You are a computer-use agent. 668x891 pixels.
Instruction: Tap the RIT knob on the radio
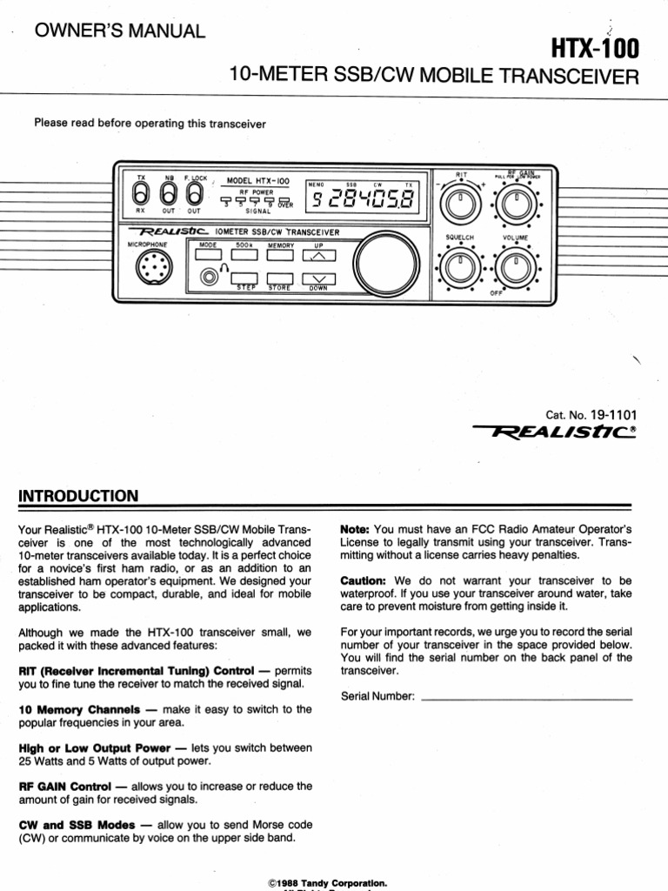(x=459, y=206)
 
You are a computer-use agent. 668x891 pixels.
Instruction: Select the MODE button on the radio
(x=208, y=256)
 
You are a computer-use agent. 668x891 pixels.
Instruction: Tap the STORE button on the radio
(x=279, y=277)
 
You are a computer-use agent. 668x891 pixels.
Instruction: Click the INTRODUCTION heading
(x=78, y=496)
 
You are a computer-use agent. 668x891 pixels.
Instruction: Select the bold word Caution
(x=364, y=579)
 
